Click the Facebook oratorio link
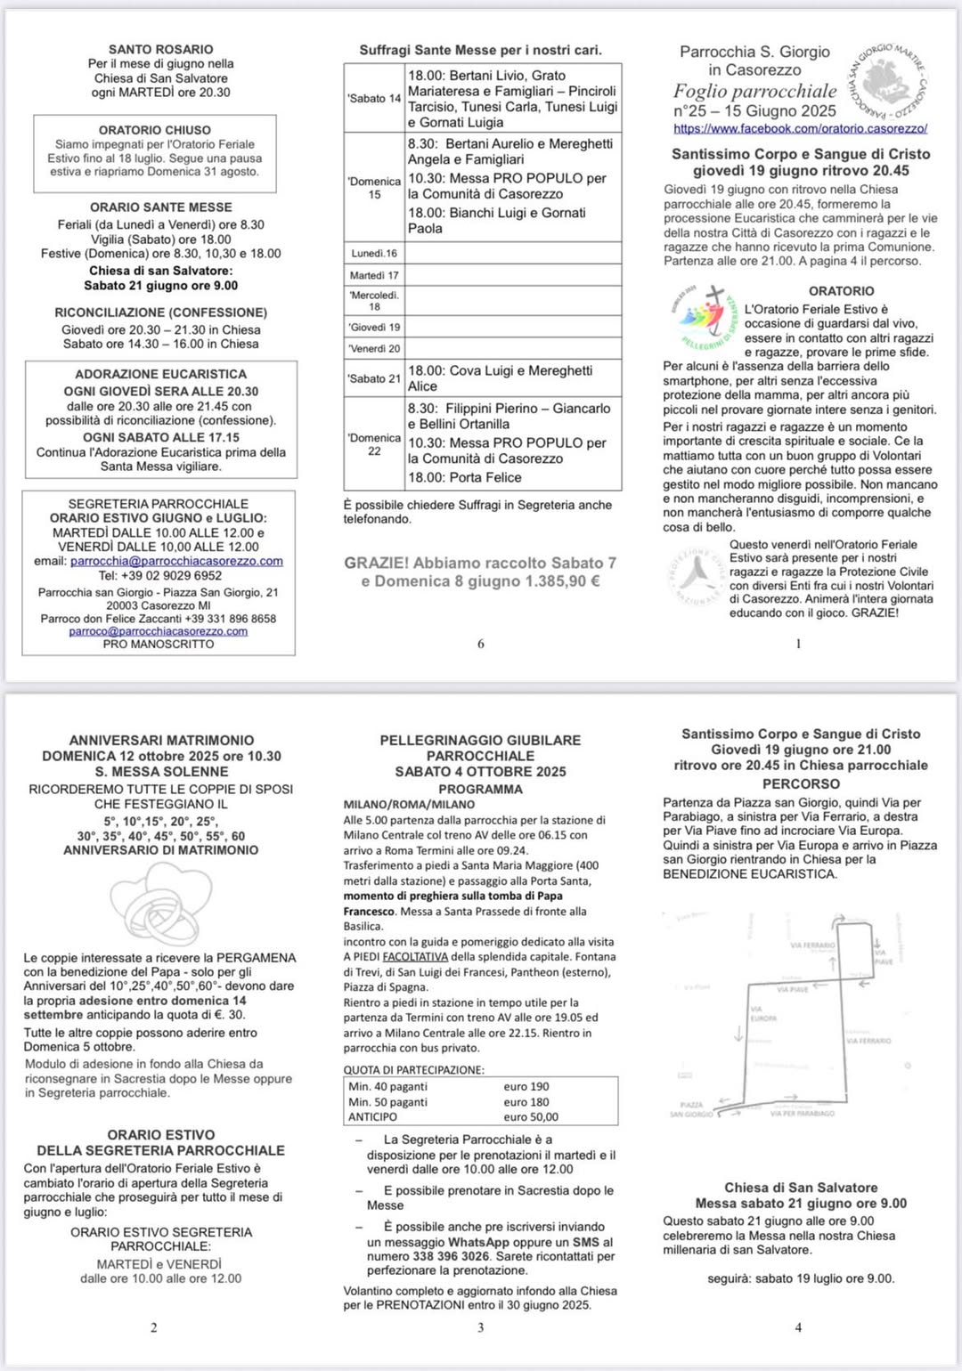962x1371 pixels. click(800, 128)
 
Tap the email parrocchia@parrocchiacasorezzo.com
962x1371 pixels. click(176, 561)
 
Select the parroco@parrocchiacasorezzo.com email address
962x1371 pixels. click(159, 631)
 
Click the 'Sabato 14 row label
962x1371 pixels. click(374, 99)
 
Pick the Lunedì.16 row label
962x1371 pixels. click(374, 254)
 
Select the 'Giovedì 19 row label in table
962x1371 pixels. click(374, 327)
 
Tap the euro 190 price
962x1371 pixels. click(526, 1086)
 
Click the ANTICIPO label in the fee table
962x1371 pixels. click(373, 1116)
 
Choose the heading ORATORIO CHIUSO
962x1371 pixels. click(155, 130)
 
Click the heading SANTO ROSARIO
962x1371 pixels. click(161, 50)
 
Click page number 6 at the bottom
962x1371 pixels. click(481, 644)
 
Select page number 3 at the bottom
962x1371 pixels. click(481, 1327)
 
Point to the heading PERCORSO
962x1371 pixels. click(801, 783)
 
